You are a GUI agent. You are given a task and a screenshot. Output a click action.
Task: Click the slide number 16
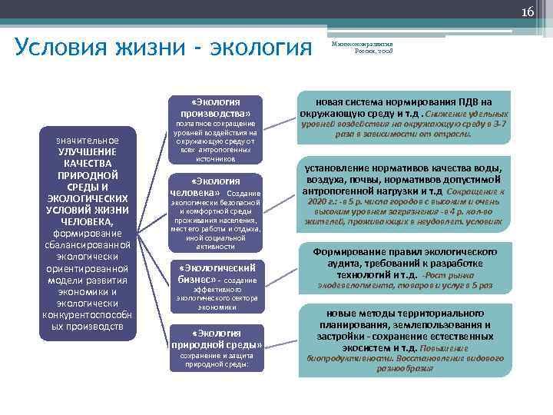click(x=528, y=11)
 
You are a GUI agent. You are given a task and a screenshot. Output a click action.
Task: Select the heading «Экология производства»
click(x=216, y=108)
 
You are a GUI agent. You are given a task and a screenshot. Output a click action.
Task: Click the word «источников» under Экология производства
click(x=215, y=159)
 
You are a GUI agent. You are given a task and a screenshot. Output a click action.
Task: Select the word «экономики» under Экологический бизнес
click(x=216, y=307)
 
